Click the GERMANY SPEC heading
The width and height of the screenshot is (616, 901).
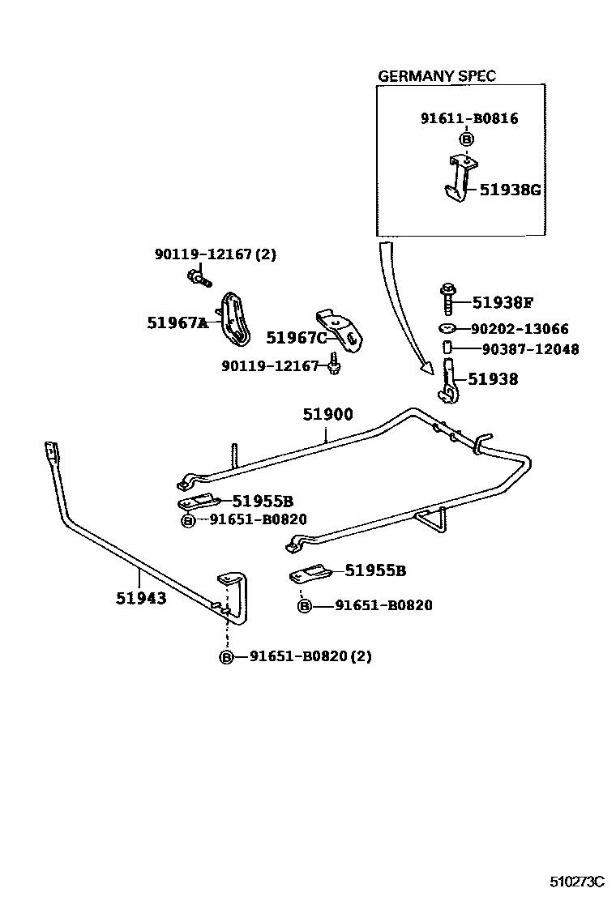pos(437,76)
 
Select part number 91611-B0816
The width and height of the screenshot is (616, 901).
pos(468,118)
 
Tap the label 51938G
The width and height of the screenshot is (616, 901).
pos(509,190)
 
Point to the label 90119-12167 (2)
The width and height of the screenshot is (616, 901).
pos(215,254)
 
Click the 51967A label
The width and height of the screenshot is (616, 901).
pos(177,322)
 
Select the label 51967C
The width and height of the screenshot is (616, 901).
pos(297,337)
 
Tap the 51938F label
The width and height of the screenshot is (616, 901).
pos(502,303)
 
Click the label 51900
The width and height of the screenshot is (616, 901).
pos(328,415)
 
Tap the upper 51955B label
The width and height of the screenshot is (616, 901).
pos(263,501)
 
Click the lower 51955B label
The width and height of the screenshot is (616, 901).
pos(375,570)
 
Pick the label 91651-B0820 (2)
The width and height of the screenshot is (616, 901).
pos(310,656)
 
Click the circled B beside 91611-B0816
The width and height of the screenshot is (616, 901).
pos(466,139)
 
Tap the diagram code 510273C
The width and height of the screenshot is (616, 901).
pos(576,880)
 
